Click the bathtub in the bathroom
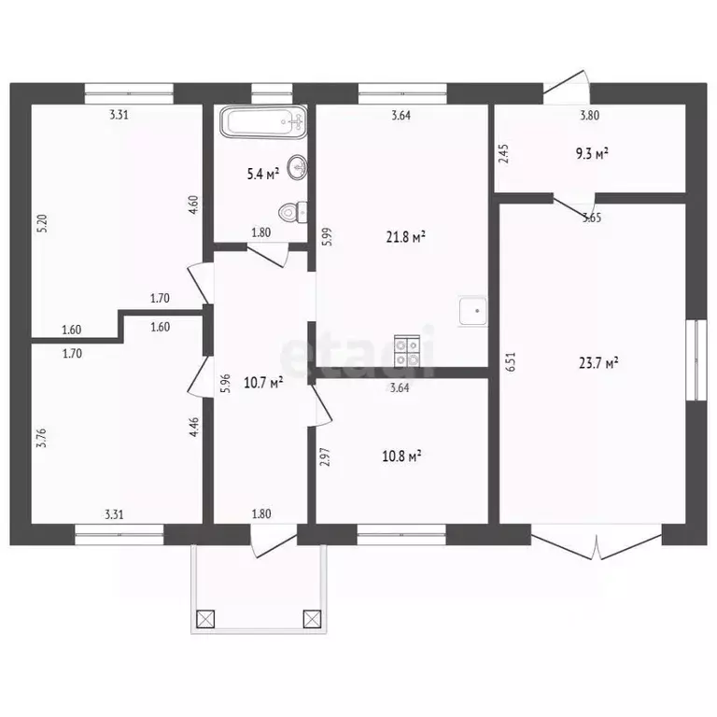(263, 121)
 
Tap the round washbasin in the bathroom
(297, 167)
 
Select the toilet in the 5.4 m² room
(292, 212)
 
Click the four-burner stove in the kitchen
(407, 351)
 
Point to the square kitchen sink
(472, 311)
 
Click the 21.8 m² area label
(406, 237)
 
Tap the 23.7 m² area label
(598, 363)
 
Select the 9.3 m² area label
(592, 153)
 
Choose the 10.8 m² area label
(401, 456)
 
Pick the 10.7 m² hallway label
(263, 382)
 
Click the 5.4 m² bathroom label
(263, 174)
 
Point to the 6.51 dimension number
(511, 361)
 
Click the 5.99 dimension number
(327, 237)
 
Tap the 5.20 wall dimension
(43, 224)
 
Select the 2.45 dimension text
(503, 154)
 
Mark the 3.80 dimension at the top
(589, 115)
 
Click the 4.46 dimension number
(194, 427)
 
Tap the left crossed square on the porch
(205, 619)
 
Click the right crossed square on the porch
(313, 619)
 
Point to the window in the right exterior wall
(696, 360)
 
